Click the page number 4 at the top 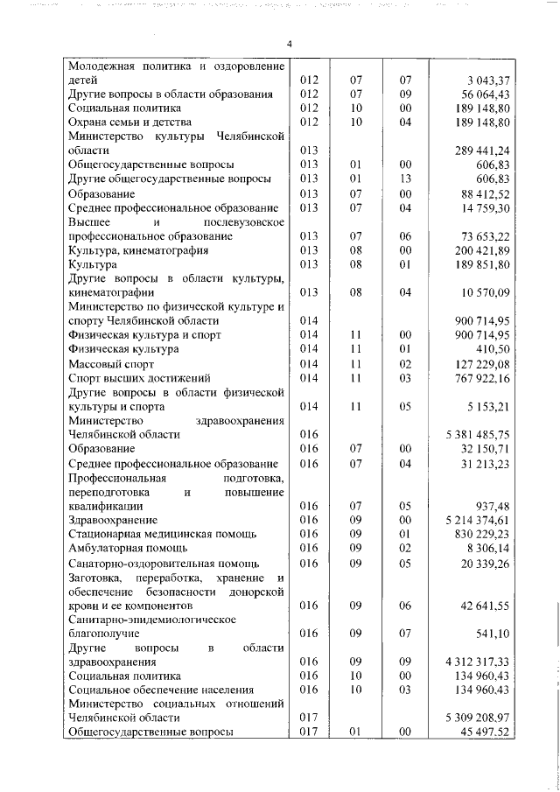coord(289,45)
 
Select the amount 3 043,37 coord(486,81)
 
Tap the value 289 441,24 coord(482,151)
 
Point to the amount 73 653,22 coord(484,236)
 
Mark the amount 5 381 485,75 coord(477,434)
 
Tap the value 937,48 coord(492,505)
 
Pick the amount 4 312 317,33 coord(477,661)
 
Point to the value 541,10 coord(492,633)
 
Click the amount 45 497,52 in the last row coord(484,732)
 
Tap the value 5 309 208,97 coord(477,718)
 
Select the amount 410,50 coord(492,349)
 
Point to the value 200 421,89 coord(482,250)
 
